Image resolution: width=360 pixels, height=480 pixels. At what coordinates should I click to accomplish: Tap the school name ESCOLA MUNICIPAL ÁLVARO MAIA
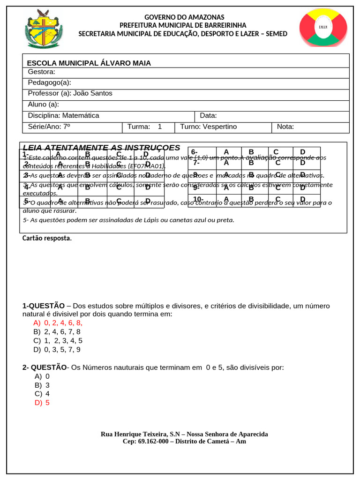[89, 63]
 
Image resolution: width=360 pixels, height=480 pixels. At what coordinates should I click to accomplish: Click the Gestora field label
[42, 72]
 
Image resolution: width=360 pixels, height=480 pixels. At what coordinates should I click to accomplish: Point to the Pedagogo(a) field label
[49, 82]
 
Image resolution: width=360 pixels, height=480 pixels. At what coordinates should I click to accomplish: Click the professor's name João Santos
[93, 93]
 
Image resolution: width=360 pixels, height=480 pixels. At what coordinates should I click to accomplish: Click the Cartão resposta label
[47, 238]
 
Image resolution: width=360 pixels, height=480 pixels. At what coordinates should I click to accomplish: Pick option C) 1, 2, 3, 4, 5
[58, 341]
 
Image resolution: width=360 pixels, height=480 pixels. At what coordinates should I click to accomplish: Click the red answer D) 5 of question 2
[42, 403]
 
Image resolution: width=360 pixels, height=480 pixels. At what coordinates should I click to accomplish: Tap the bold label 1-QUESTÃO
[44, 306]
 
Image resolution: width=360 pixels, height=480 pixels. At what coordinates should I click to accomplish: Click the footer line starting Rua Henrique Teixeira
[184, 434]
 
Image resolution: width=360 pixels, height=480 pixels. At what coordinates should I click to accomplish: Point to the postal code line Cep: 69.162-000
[184, 442]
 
